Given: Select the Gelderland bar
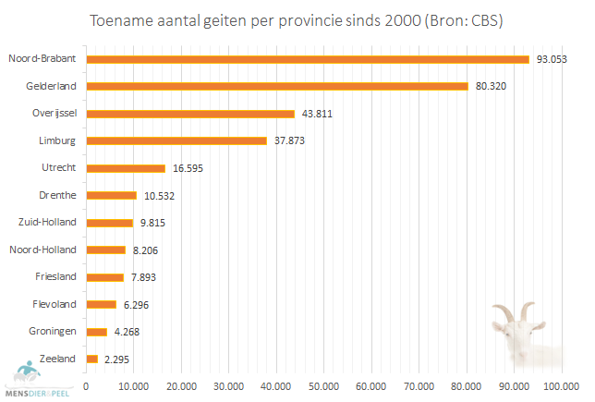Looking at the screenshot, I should pyautogui.click(x=277, y=86).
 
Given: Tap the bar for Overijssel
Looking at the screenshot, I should pyautogui.click(x=190, y=114).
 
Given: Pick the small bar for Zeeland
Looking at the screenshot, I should pyautogui.click(x=91, y=359).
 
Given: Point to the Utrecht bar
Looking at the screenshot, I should pyautogui.click(x=126, y=168).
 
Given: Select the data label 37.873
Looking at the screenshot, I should pyautogui.click(x=290, y=141).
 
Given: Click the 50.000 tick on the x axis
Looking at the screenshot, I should pyautogui.click(x=323, y=384).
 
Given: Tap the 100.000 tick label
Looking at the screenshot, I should pyautogui.click(x=561, y=384).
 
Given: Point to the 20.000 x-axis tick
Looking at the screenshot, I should pyautogui.click(x=181, y=384).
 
